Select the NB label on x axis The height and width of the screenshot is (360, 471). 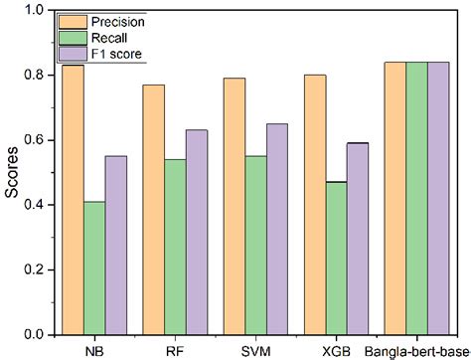point(96,350)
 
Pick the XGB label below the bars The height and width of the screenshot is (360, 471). point(333,350)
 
